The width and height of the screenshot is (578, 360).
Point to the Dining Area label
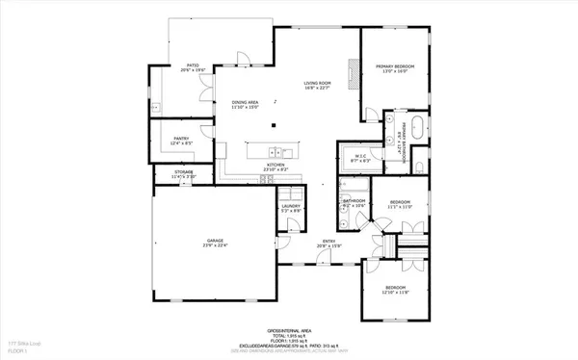[x=244, y=102]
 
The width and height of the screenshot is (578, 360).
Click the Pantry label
[x=180, y=139]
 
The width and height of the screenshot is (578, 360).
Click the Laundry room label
[x=292, y=205]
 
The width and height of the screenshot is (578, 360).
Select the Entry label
[x=328, y=243]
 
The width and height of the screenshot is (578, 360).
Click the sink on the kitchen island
[x=275, y=151]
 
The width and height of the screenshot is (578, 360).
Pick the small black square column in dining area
[x=273, y=123]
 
